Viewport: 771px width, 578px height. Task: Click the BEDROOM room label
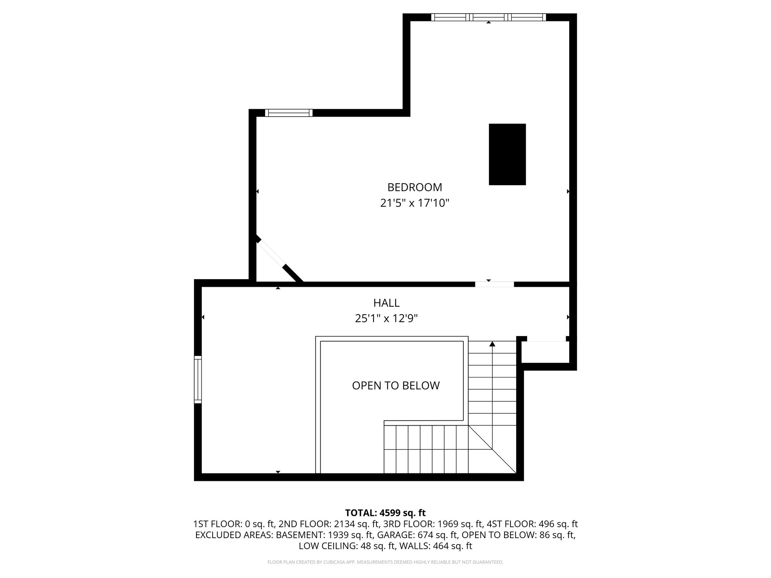coord(414,187)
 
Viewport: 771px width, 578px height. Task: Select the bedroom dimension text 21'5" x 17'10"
coord(414,203)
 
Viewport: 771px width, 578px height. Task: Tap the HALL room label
coord(386,303)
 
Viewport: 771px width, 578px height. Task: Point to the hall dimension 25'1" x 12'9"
coord(386,319)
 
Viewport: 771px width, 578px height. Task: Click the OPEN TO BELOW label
coord(396,385)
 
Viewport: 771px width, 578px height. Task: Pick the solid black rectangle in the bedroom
coord(507,154)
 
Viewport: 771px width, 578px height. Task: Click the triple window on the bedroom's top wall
coord(488,17)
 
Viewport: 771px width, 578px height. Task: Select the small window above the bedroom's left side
coord(289,113)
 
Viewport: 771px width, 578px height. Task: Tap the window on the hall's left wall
coord(198,379)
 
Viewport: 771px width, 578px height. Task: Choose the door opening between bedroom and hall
coord(494,284)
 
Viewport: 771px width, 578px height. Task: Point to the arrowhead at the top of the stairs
coord(492,344)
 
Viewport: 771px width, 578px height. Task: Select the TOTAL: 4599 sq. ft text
coord(385,513)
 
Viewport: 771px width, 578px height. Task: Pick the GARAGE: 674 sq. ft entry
coord(417,535)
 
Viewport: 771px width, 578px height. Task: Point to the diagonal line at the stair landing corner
coord(492,449)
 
